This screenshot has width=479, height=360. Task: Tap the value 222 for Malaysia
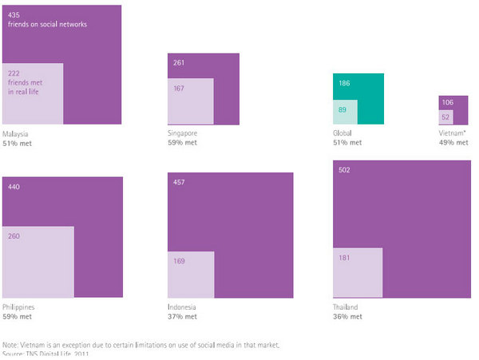[x=13, y=73]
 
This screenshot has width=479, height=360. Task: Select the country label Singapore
[x=183, y=133]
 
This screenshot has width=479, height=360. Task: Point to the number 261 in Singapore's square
[x=179, y=63]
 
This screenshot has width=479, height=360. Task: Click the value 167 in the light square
[x=179, y=88]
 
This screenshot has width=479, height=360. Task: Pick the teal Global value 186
[x=344, y=83]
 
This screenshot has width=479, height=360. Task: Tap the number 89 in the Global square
[x=342, y=110]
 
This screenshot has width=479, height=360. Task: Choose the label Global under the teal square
[x=343, y=133]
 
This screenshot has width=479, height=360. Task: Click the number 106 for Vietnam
[x=448, y=103]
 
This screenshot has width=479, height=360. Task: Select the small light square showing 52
[x=446, y=117]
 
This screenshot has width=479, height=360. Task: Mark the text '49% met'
[x=453, y=142]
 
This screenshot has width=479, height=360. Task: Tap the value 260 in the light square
[x=14, y=236]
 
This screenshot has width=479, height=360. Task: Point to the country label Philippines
[x=19, y=307]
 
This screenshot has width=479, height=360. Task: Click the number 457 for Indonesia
[x=179, y=183]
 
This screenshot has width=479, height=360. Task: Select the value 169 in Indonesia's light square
[x=179, y=259]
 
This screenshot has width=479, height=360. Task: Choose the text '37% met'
[x=183, y=316]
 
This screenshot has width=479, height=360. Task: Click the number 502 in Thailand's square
[x=344, y=170]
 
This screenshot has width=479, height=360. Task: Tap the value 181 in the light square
[x=344, y=257]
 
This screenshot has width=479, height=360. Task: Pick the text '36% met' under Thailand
[x=348, y=316]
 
